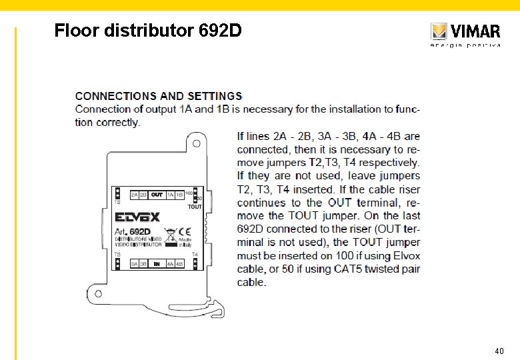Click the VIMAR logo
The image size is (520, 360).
click(x=465, y=32)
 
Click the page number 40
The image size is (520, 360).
click(x=499, y=351)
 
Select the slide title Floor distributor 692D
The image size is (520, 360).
click(x=148, y=31)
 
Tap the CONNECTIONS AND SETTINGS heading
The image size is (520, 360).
click(x=159, y=97)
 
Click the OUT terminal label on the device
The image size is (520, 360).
click(x=157, y=195)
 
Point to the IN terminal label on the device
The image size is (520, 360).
click(x=157, y=265)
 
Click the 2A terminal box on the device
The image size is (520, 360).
click(x=135, y=195)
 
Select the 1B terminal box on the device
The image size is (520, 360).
click(x=179, y=195)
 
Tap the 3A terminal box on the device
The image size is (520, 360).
click(x=135, y=265)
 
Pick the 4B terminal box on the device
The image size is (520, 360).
click(x=179, y=265)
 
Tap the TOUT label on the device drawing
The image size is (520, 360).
click(x=194, y=207)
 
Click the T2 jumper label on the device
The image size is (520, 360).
click(x=117, y=201)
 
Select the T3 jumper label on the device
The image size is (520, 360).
click(x=117, y=254)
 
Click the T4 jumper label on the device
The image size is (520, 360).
click(x=195, y=254)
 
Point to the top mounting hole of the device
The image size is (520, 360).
click(x=197, y=143)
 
